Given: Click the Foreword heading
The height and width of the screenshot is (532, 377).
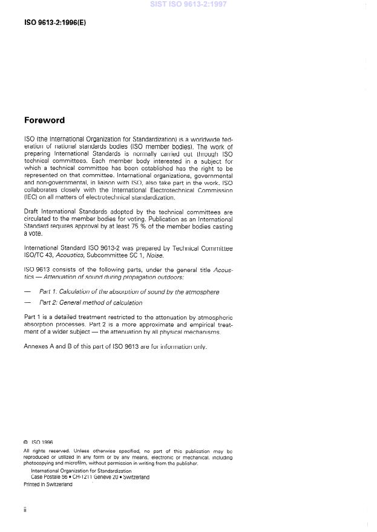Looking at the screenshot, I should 44,120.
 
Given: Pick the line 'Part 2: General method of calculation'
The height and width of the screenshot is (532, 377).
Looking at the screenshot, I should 91,302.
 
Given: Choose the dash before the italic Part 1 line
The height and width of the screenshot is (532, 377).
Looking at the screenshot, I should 27,291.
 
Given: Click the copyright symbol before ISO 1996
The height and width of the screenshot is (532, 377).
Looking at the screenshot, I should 26,442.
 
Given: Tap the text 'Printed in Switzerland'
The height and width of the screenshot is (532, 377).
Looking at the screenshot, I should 48,484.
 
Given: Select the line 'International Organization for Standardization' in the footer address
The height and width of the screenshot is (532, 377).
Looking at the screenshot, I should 81,470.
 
